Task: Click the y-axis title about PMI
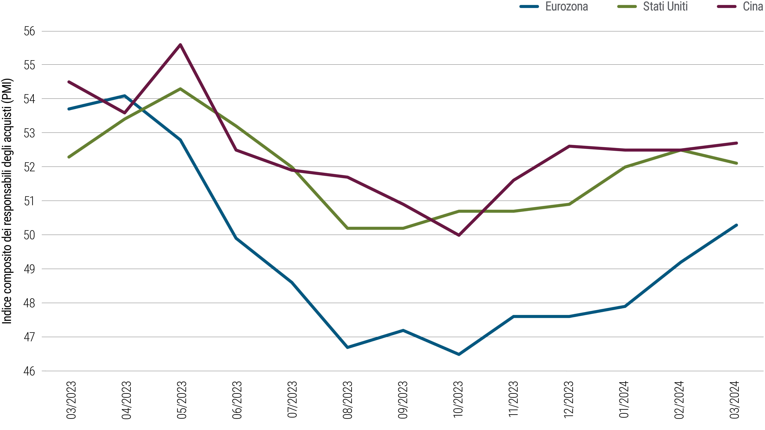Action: pyautogui.click(x=7, y=201)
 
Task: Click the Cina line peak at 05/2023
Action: pyautogui.click(x=180, y=45)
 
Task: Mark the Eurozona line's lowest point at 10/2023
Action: pyautogui.click(x=459, y=354)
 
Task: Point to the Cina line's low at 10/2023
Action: pyautogui.click(x=459, y=235)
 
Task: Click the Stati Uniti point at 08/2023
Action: pyautogui.click(x=347, y=228)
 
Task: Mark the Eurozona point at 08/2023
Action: pyautogui.click(x=347, y=347)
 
